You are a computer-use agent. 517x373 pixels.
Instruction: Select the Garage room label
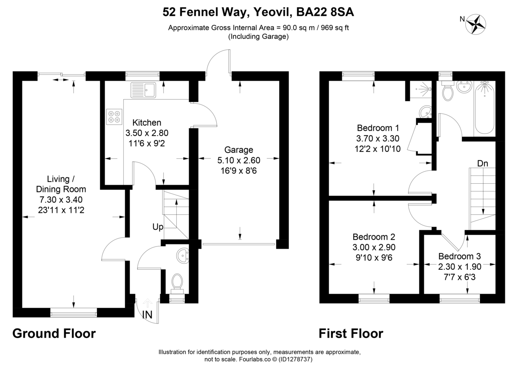tap(238, 150)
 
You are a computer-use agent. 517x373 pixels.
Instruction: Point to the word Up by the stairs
tap(157, 227)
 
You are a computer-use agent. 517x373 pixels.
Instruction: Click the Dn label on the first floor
tap(482, 163)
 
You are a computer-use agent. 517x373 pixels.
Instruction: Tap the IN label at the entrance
tap(147, 315)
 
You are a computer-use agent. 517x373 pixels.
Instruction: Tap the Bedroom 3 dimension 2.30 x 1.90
tap(460, 267)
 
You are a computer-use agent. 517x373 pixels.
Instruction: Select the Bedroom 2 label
tap(374, 237)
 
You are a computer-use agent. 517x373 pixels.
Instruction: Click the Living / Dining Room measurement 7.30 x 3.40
tap(61, 200)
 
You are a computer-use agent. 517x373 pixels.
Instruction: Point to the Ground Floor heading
tap(54, 333)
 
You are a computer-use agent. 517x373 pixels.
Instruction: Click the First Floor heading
tap(351, 333)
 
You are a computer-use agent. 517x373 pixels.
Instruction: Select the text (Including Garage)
tap(258, 37)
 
